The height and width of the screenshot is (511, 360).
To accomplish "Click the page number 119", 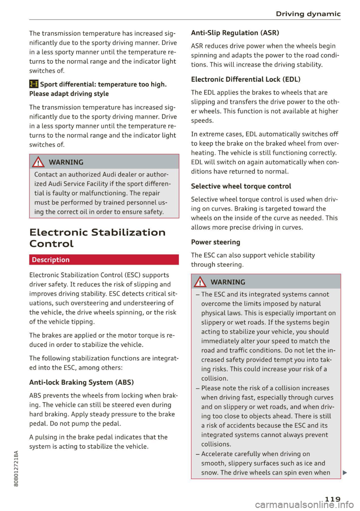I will coord(332,499).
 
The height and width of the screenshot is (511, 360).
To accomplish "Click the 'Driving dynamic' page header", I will coord(308,14).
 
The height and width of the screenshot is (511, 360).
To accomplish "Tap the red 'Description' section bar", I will coord(104,260).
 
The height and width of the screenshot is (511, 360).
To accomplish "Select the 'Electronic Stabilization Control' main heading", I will coord(97,238).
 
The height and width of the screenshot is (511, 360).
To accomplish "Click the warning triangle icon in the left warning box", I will coord(38,162).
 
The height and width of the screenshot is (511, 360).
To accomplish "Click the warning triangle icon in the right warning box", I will coord(200,282).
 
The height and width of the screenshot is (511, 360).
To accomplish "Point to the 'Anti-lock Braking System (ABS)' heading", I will coord(81,382).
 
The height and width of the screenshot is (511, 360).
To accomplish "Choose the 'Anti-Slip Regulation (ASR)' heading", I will coord(235,33).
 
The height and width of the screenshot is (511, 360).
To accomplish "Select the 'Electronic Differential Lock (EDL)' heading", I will coord(246,79).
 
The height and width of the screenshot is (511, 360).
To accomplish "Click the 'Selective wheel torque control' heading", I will coord(241,186).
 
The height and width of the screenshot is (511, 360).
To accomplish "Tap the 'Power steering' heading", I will coord(215,242).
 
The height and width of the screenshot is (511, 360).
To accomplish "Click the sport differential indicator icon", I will coord(34,84).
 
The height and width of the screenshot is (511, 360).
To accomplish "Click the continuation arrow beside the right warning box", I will coord(345,472).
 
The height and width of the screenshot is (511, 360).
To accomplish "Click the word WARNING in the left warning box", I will coord(66,162).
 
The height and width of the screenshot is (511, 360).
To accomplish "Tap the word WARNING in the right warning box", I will coord(228,282).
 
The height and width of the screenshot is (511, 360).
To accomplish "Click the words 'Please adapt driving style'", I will coord(69,94).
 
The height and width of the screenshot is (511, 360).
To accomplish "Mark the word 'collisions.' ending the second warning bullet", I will coord(216,444).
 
